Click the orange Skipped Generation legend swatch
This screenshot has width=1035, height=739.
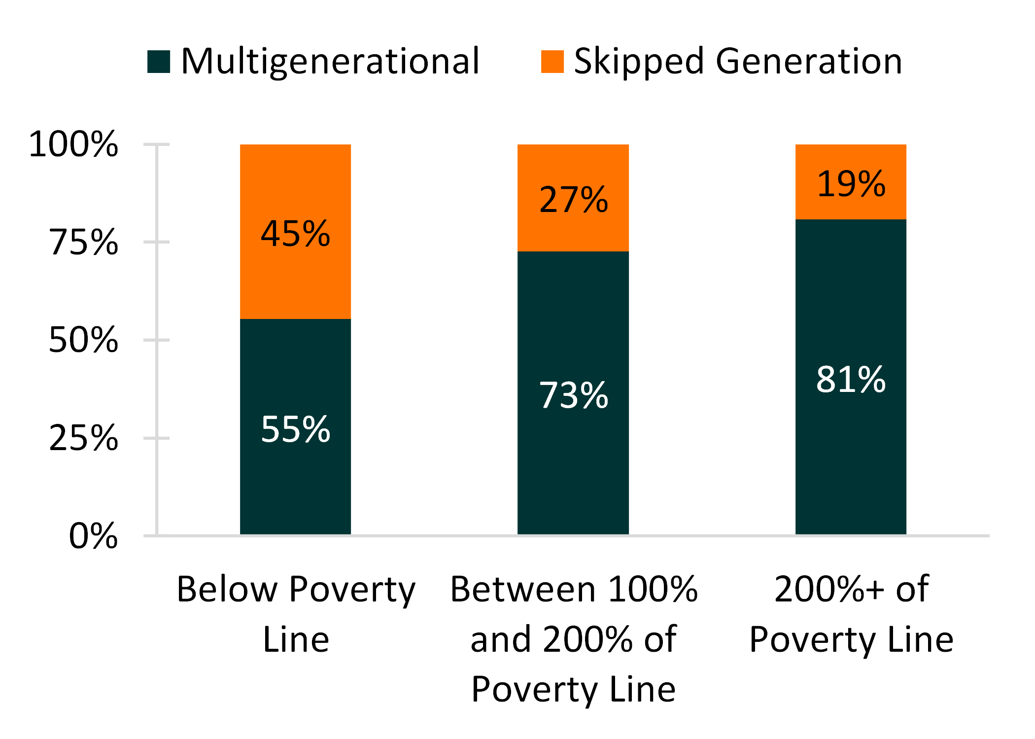552,62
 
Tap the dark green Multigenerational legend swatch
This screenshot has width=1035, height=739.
159,62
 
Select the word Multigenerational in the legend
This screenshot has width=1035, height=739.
330,62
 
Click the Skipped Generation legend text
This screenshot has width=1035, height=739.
738,62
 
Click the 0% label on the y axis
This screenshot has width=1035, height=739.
94,535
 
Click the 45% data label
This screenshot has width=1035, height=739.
295,234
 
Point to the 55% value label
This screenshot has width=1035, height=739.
295,429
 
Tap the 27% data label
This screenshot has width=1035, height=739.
573,200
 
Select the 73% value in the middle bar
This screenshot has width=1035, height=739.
573,395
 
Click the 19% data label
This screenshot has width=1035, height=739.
851,184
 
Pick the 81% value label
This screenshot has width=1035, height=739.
851,379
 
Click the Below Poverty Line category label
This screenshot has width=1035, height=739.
296,614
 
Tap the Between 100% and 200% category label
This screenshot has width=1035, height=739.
573,638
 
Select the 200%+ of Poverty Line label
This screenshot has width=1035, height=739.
851,614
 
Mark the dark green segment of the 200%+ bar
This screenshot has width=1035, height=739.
851,468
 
